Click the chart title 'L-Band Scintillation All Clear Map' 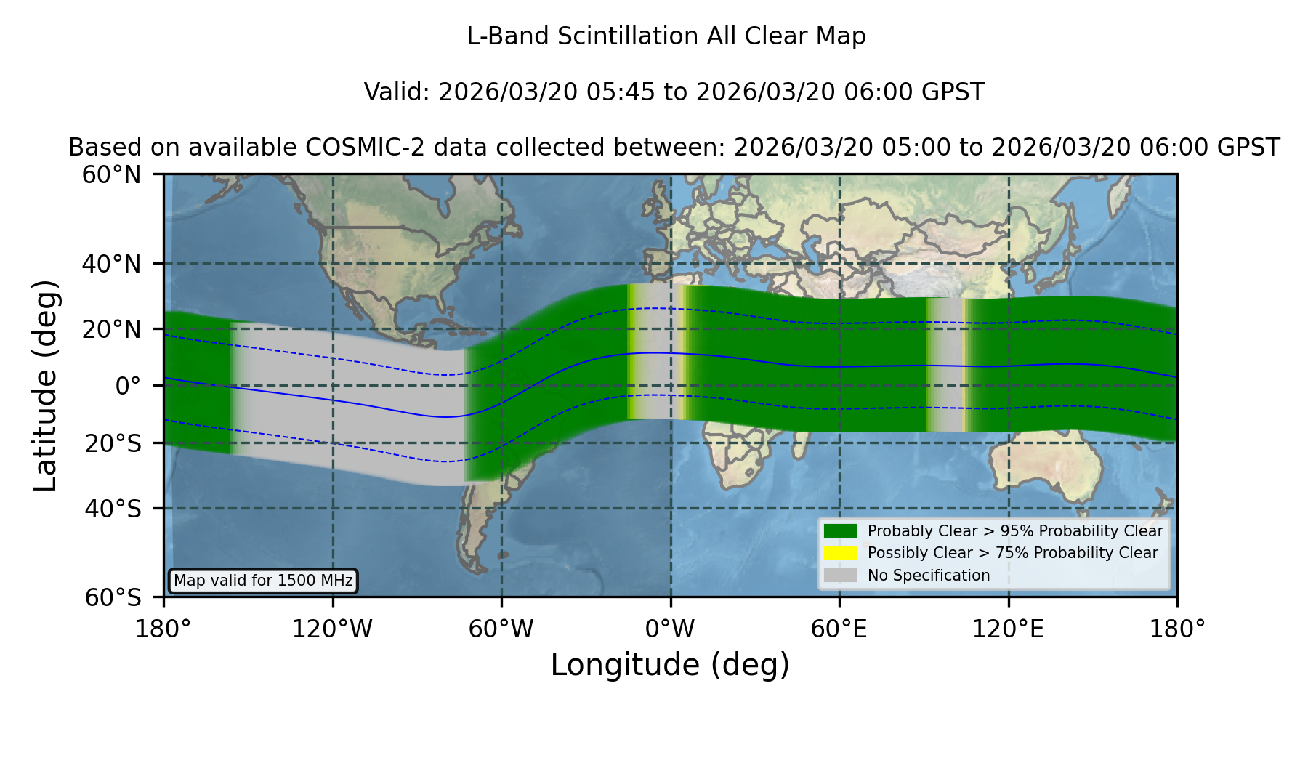[x=666, y=36]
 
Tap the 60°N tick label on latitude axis [x=112, y=175]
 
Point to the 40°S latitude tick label [x=113, y=509]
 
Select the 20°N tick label [x=112, y=329]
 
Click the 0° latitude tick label [x=129, y=386]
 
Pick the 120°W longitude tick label [x=332, y=629]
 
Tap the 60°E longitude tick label [x=839, y=629]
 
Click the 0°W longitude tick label [x=670, y=629]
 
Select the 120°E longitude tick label [x=1008, y=629]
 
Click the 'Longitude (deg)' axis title [x=670, y=665]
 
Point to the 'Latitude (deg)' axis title [x=46, y=385]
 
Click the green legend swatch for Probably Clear [x=840, y=530]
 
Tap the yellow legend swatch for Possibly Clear [x=840, y=553]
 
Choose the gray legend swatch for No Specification [x=840, y=576]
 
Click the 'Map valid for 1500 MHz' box [x=263, y=581]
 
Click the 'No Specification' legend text [x=929, y=576]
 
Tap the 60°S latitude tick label [x=113, y=597]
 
